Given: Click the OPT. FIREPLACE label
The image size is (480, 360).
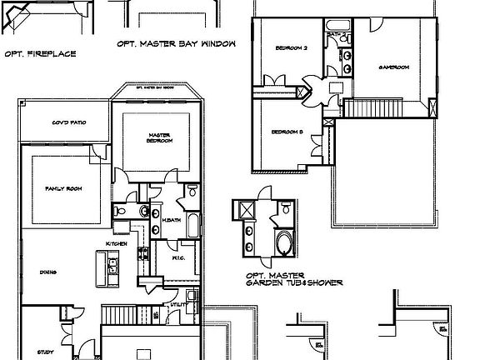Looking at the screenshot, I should click(x=40, y=53).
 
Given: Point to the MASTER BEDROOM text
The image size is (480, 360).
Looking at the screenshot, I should click(x=160, y=137).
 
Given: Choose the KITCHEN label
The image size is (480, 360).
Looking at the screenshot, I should click(x=116, y=242).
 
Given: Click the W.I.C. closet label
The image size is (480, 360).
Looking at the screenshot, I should click(x=177, y=257).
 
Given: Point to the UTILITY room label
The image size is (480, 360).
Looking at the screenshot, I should click(x=176, y=306).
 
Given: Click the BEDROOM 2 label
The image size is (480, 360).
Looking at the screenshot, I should click(x=292, y=48).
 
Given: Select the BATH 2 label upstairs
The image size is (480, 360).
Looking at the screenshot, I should click(x=337, y=34).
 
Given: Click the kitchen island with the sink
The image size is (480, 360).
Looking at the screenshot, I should click(x=112, y=267).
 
